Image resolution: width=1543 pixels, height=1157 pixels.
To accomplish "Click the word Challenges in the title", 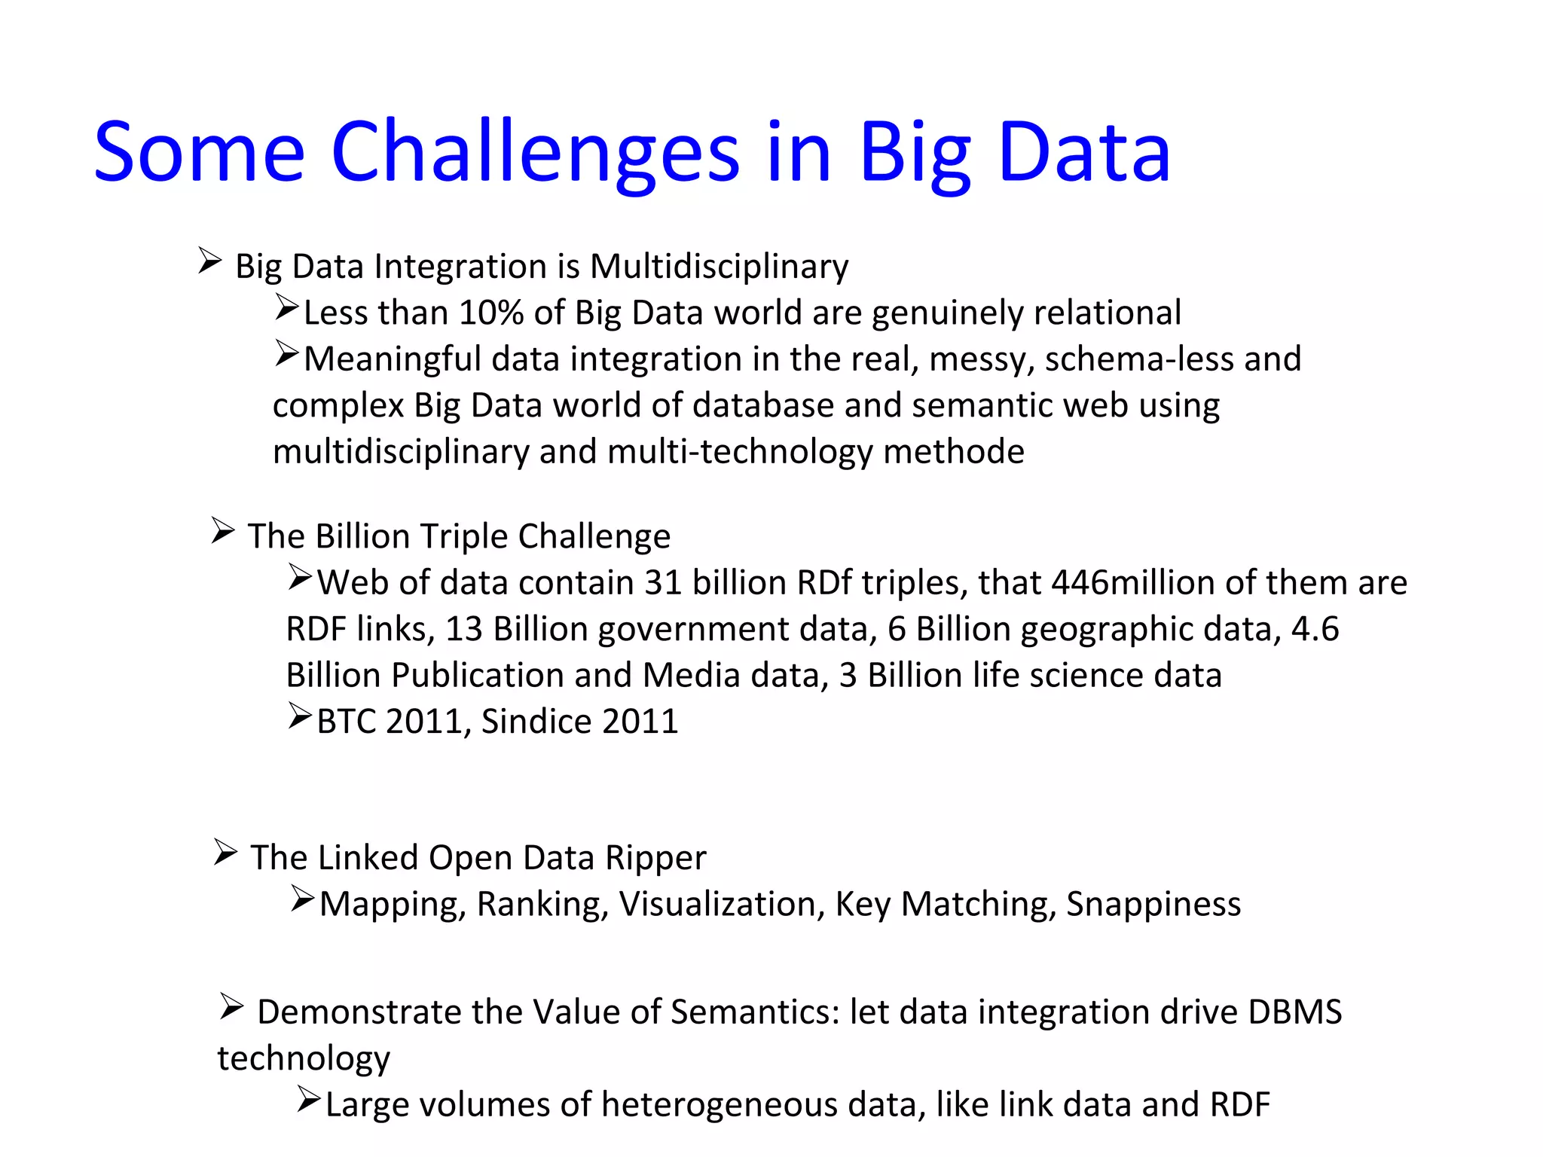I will pos(535,153).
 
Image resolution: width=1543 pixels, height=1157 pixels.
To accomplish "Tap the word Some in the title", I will pos(199,153).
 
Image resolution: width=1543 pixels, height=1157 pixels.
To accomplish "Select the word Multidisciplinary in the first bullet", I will pos(719,267).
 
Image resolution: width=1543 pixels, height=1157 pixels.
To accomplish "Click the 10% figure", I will pos(490,313).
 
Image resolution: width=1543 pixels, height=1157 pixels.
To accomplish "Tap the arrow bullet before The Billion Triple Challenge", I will pos(223,531).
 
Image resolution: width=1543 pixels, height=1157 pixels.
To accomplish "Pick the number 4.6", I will pos(1315,629).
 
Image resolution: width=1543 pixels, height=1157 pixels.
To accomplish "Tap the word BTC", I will pos(346,722).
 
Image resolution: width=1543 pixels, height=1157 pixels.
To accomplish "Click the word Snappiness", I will pos(1153,904).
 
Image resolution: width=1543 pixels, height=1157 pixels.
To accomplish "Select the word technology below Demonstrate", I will pos(304,1058).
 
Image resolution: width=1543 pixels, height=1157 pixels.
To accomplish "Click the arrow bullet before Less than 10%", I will pos(287,307).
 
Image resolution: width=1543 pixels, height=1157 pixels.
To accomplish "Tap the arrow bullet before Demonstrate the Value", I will pos(231,1006).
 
